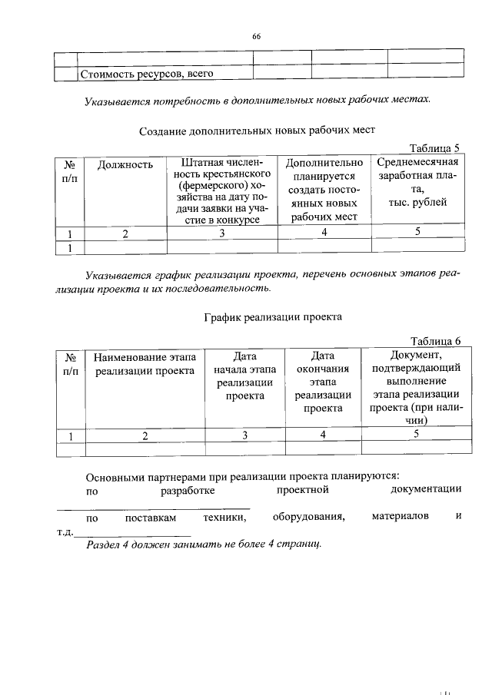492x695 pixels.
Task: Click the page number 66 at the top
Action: [x=257, y=36]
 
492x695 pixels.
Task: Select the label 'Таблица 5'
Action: [x=434, y=148]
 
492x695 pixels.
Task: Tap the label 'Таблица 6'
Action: [x=435, y=342]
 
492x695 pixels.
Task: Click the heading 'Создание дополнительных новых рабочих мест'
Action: [x=257, y=131]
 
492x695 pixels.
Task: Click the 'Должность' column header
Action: [x=125, y=164]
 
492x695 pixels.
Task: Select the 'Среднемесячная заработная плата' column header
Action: [x=417, y=182]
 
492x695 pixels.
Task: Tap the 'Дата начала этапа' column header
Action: [x=244, y=376]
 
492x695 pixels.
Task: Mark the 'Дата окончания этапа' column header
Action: [x=323, y=382]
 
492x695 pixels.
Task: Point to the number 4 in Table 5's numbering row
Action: [x=324, y=233]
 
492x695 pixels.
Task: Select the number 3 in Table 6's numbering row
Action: [x=244, y=435]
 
